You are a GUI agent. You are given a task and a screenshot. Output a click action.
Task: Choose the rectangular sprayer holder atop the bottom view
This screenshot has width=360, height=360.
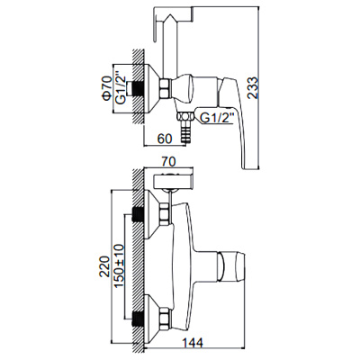pos(171,179)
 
